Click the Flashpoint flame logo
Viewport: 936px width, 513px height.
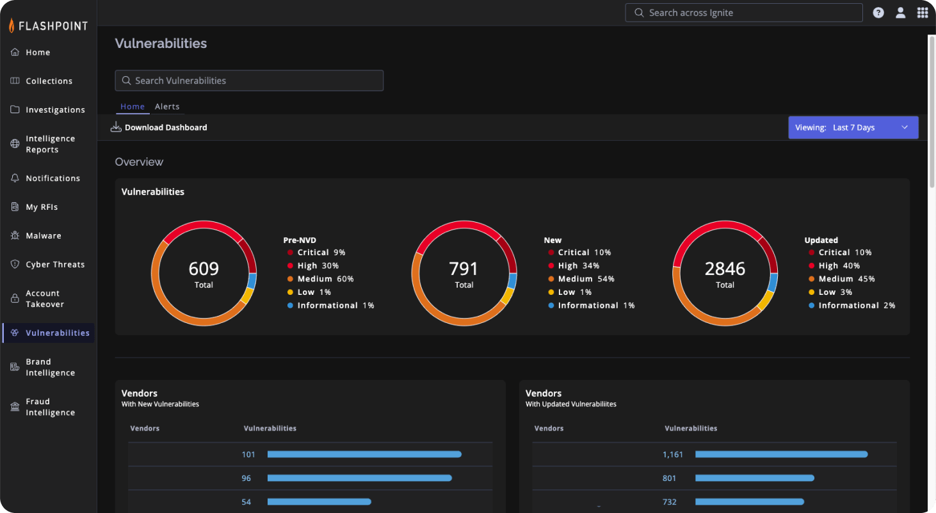(12, 26)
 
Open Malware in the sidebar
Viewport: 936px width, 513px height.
(43, 236)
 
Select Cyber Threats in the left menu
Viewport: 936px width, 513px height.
(54, 265)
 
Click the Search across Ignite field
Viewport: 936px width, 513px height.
(743, 13)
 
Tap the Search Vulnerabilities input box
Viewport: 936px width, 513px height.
(249, 81)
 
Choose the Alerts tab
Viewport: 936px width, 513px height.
(167, 107)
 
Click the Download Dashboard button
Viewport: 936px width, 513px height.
(159, 127)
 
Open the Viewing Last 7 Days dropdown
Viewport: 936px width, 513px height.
(853, 127)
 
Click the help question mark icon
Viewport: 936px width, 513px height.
(878, 13)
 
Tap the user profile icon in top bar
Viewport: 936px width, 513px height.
(900, 13)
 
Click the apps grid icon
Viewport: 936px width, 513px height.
(922, 13)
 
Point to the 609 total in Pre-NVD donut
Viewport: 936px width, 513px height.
(204, 269)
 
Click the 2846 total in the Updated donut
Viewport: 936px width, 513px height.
(725, 269)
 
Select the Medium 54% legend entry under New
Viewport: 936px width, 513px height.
(585, 279)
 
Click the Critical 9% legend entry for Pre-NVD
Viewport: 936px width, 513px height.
(321, 253)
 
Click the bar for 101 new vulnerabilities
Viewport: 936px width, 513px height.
(364, 454)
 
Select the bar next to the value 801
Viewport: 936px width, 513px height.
(754, 478)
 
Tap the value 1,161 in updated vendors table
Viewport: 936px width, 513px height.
(673, 454)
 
